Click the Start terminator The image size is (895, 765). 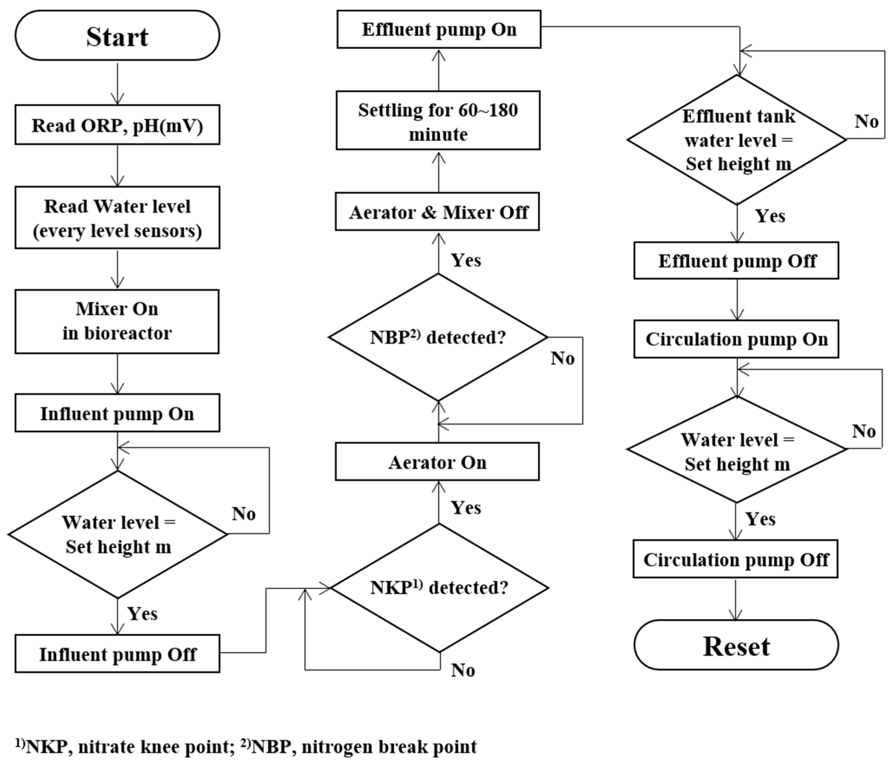[x=117, y=35]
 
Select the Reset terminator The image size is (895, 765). [x=736, y=646]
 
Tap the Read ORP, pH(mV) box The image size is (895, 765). [x=117, y=125]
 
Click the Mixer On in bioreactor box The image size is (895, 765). [x=117, y=321]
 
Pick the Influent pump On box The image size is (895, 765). [x=117, y=413]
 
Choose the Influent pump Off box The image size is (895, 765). [x=117, y=654]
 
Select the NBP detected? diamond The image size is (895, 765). [x=438, y=337]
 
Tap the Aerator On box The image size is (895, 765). [x=437, y=462]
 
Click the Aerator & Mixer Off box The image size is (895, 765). [x=437, y=212]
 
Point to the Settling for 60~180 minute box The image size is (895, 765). [x=438, y=121]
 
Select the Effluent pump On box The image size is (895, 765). [x=439, y=29]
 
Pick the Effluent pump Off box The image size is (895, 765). [x=736, y=260]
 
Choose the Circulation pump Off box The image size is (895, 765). [x=735, y=559]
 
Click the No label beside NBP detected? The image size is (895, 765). [x=562, y=358]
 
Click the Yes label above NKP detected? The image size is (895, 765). [x=466, y=508]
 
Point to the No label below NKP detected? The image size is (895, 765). [x=463, y=670]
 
